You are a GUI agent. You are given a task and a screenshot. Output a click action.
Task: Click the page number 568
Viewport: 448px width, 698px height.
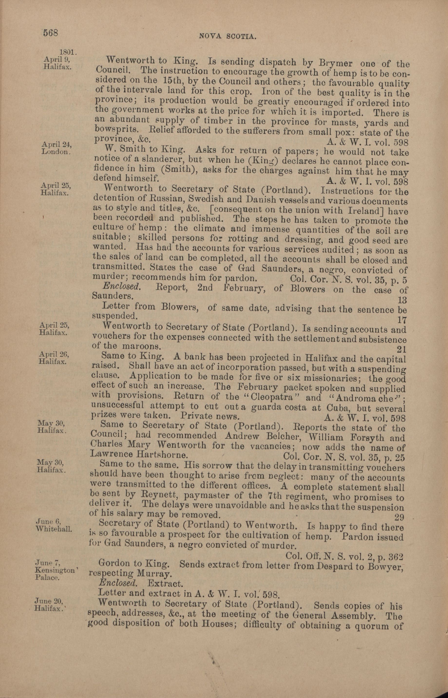coord(51,33)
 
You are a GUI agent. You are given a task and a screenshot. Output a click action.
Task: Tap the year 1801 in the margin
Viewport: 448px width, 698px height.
coord(67,52)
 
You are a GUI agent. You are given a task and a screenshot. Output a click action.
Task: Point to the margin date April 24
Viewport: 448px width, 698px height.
coord(57,144)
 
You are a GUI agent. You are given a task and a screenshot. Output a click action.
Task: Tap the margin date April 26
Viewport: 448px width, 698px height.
coord(54,354)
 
